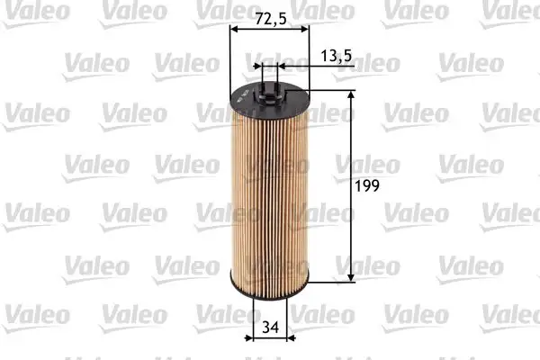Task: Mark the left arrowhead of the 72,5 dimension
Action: click(235, 30)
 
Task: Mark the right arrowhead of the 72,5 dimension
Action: click(304, 30)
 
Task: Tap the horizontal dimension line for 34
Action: click(268, 339)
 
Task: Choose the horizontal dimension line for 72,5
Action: click(269, 30)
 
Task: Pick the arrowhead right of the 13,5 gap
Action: click(277, 65)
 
